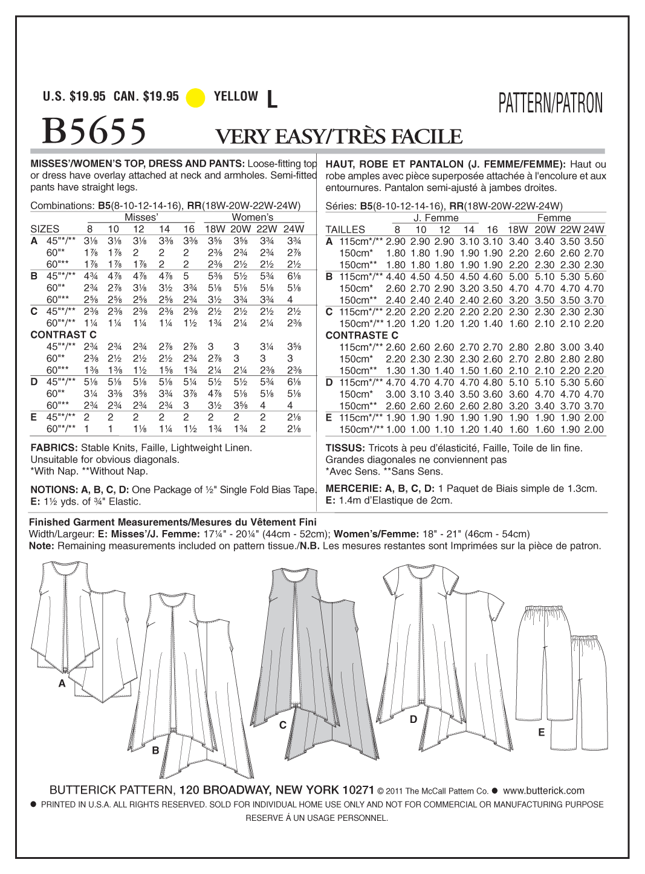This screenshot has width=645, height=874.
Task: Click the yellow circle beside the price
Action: tap(195, 97)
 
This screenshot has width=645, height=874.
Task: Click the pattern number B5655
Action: tap(94, 131)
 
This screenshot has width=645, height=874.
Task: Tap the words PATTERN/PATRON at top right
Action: tap(550, 104)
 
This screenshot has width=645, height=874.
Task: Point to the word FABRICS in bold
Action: tap(53, 448)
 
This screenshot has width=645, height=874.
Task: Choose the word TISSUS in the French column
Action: tap(345, 448)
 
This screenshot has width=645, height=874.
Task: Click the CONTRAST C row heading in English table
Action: tap(63, 335)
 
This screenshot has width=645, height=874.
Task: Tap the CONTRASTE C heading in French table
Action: tap(361, 335)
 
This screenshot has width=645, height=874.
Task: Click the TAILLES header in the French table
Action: tap(345, 230)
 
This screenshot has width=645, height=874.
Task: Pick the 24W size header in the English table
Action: tap(294, 229)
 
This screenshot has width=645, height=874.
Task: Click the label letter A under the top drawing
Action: tap(62, 684)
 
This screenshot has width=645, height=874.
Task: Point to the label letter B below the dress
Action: tap(155, 750)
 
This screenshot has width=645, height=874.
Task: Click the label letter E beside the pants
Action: tap(541, 732)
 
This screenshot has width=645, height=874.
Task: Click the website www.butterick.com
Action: tap(543, 790)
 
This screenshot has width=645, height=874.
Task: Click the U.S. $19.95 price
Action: tap(74, 96)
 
